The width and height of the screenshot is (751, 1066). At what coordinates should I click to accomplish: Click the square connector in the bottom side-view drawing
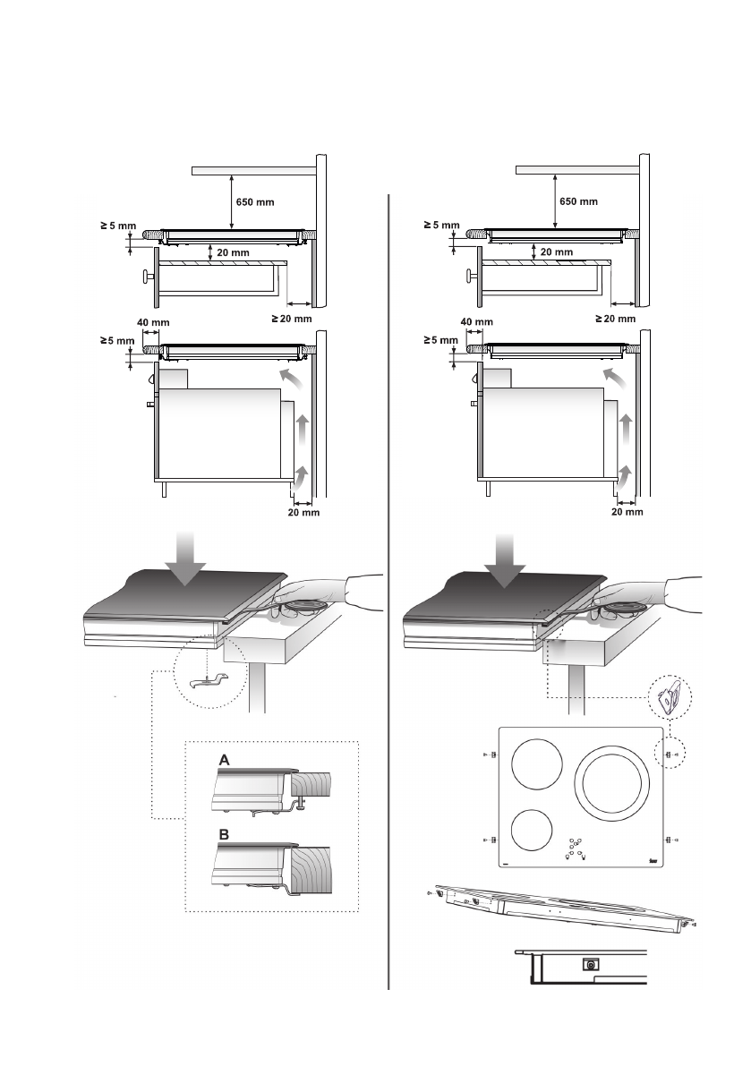point(591,964)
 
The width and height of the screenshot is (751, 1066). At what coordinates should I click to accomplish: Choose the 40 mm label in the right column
point(475,322)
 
